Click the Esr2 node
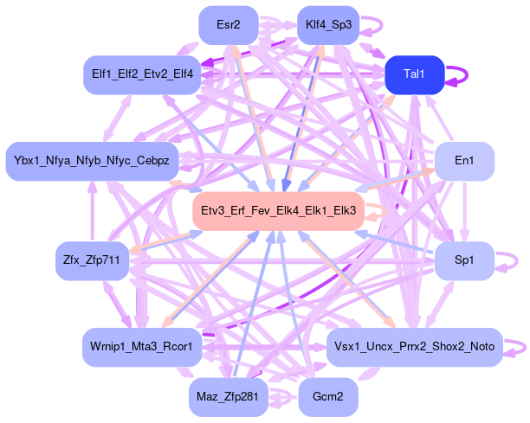(x=229, y=24)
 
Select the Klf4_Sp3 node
(x=328, y=24)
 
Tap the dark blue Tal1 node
(x=415, y=74)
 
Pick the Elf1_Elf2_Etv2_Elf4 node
(x=143, y=74)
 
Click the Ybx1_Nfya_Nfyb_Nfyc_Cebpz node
(x=93, y=162)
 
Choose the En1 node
(x=464, y=162)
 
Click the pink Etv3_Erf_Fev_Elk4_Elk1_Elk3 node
(x=278, y=211)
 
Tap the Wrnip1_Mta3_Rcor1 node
(x=143, y=347)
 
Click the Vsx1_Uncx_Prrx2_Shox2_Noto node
(x=415, y=347)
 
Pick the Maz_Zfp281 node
(x=229, y=397)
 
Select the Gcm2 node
(x=328, y=397)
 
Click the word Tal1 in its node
(x=415, y=74)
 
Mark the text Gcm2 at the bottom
(x=328, y=397)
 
